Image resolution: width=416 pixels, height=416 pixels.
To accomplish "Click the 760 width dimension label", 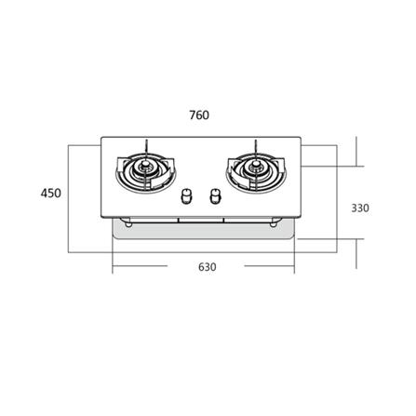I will [198, 116].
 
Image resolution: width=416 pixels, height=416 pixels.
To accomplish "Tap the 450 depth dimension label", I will [51, 193].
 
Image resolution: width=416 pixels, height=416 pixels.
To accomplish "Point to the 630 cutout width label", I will [207, 267].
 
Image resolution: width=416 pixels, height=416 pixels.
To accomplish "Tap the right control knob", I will [217, 197].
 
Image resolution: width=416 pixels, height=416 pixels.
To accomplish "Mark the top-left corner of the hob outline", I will [101, 141].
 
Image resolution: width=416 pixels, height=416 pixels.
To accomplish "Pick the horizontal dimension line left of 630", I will [149, 267].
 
